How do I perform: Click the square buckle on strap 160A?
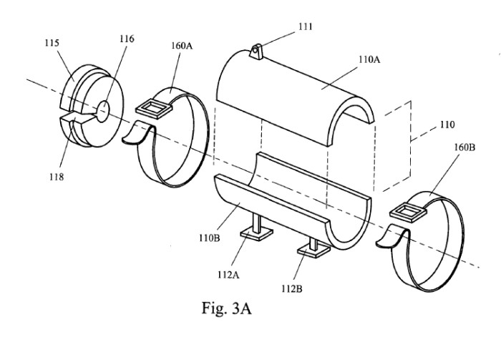click(152, 109)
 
